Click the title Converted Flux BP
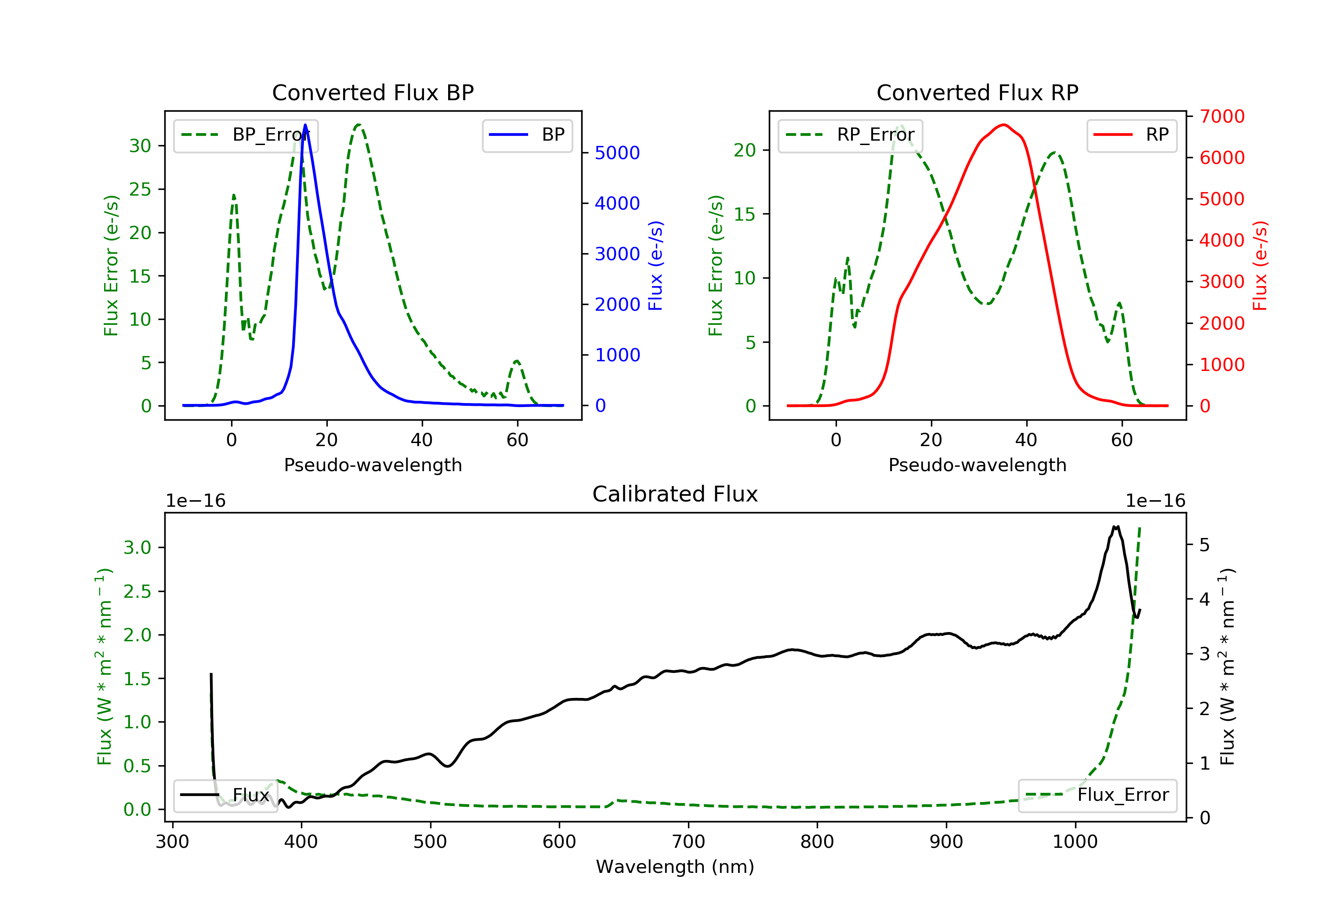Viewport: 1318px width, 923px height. pos(373,92)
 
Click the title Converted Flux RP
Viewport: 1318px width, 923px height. pos(977,92)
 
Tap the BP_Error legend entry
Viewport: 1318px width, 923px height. pos(246,135)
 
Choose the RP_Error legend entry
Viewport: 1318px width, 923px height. pos(850,135)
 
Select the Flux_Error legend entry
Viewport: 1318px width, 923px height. pos(1097,795)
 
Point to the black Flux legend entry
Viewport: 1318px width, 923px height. pos(226,795)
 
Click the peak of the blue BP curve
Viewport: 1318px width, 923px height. pos(305,125)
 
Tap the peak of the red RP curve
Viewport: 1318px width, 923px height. pos(1003,125)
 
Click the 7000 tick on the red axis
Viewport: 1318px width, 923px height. pos(1221,116)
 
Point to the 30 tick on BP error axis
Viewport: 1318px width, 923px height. pos(140,146)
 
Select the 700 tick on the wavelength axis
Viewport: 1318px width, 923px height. pos(688,842)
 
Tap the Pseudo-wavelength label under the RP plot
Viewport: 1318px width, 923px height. pos(977,465)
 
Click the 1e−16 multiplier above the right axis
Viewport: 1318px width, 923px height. pos(1155,501)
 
